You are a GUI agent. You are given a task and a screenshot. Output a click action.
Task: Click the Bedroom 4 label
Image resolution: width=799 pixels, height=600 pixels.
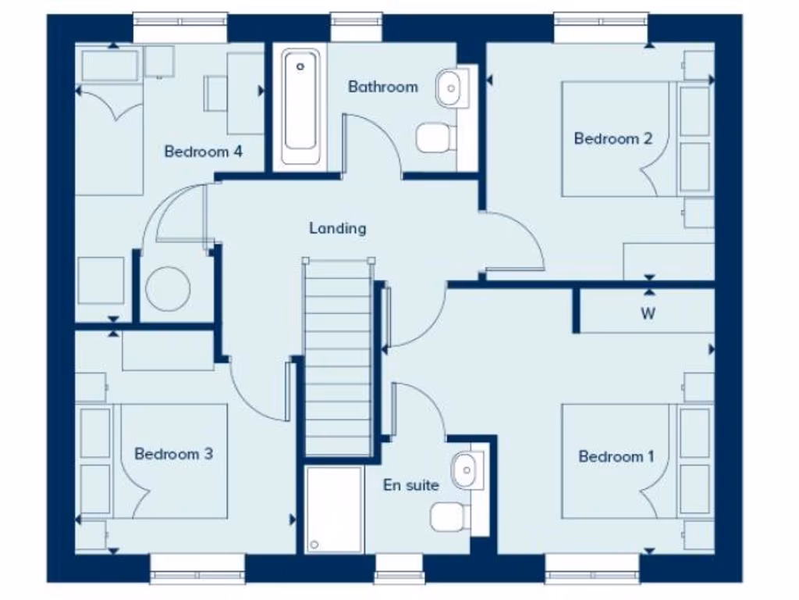point(203,152)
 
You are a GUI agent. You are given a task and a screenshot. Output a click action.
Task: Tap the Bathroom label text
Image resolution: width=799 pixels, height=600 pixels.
point(382,87)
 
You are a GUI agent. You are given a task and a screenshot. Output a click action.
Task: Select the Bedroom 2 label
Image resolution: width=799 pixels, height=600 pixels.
point(613,139)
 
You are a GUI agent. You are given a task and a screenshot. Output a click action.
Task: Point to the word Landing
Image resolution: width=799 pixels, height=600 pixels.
point(337,229)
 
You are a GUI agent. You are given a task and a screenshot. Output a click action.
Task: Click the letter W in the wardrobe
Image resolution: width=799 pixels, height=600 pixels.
point(648,315)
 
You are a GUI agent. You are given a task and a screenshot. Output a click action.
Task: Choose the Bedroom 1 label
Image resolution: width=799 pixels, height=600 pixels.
point(616,456)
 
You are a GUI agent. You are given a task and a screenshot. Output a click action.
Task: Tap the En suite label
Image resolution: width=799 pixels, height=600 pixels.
point(410,485)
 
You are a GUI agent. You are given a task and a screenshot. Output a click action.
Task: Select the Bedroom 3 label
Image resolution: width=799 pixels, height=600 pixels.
point(173,454)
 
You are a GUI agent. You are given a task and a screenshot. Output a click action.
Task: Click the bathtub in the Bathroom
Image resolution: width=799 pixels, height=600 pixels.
point(300,107)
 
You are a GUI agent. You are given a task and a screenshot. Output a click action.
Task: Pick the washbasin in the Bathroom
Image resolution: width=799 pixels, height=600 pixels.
point(451,87)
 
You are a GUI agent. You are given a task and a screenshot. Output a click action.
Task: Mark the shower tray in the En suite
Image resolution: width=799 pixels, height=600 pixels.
point(334,509)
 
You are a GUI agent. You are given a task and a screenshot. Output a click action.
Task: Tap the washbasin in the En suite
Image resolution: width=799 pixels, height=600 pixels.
point(466,469)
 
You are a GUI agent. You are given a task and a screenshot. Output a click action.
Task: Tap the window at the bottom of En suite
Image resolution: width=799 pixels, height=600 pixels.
point(399,570)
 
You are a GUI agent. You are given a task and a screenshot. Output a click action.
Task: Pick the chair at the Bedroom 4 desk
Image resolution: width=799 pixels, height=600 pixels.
point(215,93)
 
